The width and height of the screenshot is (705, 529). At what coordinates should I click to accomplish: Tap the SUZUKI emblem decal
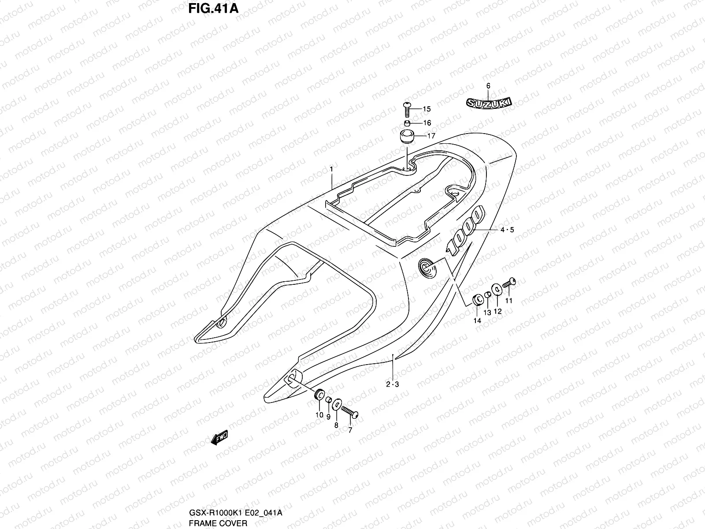(x=489, y=103)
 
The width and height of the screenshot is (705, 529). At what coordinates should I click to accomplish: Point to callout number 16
(x=427, y=123)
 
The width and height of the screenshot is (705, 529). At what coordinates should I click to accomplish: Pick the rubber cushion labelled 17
(x=408, y=136)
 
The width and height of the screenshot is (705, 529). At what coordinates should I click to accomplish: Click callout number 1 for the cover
(x=331, y=169)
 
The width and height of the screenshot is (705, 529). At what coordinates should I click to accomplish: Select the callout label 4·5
(x=507, y=229)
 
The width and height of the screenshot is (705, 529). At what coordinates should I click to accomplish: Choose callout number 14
(x=477, y=321)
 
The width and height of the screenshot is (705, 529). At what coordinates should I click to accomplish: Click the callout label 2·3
(x=392, y=384)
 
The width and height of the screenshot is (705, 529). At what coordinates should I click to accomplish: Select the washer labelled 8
(x=336, y=405)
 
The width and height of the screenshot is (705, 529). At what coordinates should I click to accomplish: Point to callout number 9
(x=328, y=416)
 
